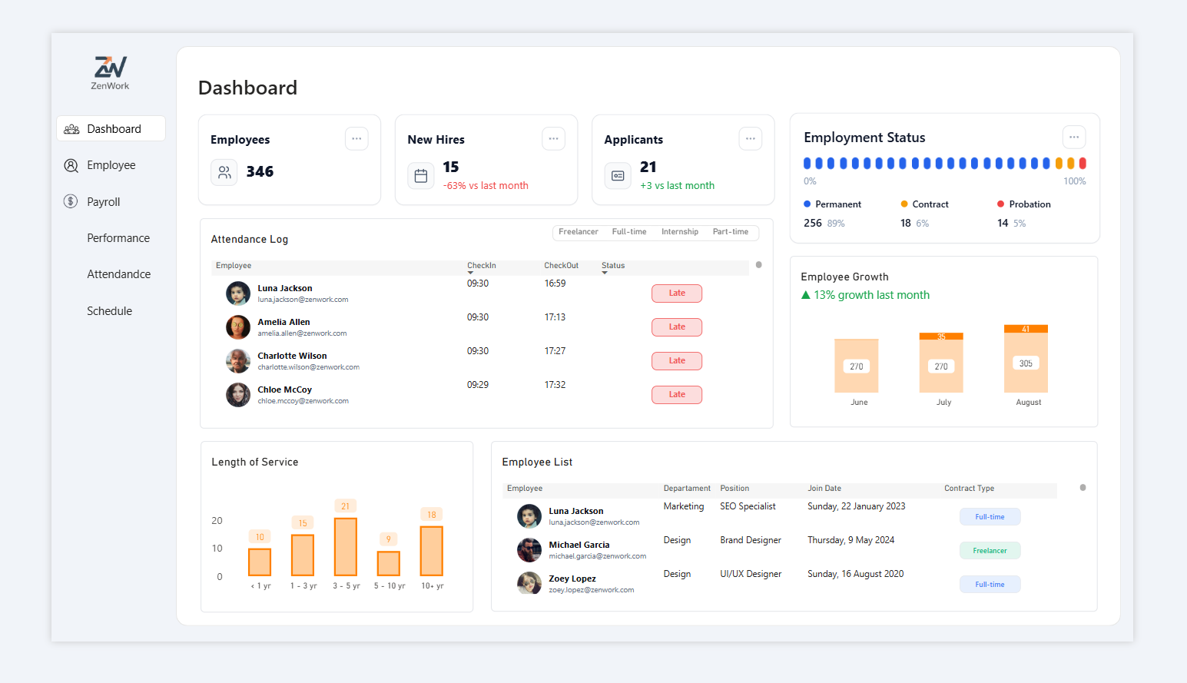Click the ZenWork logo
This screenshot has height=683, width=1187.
click(110, 72)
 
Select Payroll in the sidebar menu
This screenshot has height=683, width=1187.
click(103, 202)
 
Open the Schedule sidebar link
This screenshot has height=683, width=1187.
click(109, 311)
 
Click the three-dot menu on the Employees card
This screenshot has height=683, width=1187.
click(356, 139)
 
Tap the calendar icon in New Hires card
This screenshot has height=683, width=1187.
click(421, 176)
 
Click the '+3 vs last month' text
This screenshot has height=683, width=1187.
click(677, 186)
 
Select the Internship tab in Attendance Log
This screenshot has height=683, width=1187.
click(679, 232)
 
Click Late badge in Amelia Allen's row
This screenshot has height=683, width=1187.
click(676, 327)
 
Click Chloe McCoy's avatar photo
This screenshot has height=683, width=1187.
click(238, 395)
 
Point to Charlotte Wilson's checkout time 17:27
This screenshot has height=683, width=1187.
click(555, 351)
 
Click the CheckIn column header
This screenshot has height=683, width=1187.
click(481, 266)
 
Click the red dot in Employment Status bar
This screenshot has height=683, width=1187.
click(1083, 163)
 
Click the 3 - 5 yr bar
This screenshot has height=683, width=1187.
click(346, 546)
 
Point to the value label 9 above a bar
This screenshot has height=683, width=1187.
click(389, 539)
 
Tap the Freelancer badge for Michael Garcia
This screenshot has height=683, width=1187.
click(990, 551)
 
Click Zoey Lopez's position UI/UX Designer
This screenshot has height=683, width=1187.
click(751, 574)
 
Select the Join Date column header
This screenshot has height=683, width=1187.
click(824, 489)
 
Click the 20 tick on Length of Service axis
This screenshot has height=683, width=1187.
click(217, 521)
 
